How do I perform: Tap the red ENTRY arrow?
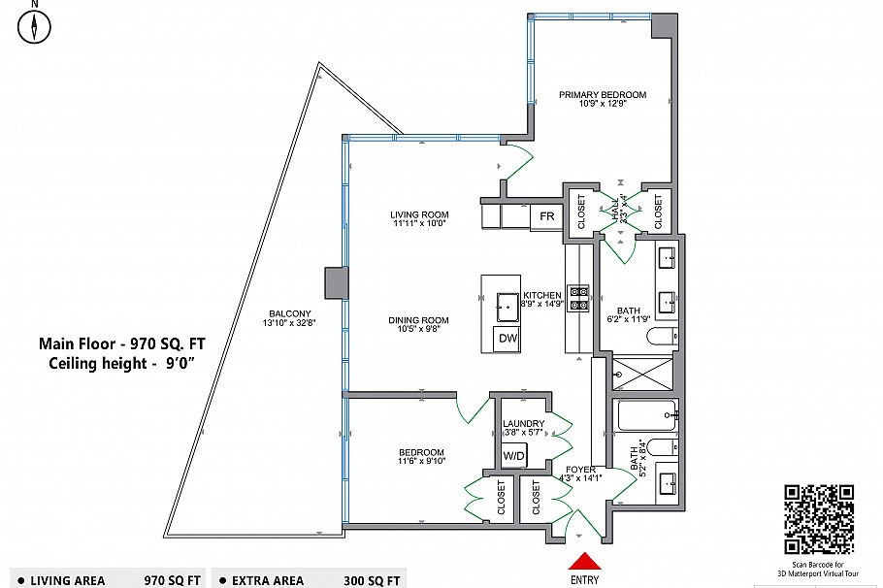click(x=585, y=561)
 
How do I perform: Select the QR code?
click(x=818, y=519)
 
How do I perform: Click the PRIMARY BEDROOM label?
click(x=602, y=95)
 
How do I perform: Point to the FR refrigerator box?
click(x=547, y=216)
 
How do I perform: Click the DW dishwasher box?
click(x=507, y=339)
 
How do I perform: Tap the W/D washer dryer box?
click(x=513, y=456)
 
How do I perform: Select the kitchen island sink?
click(x=507, y=307)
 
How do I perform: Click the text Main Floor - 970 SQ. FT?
click(x=122, y=343)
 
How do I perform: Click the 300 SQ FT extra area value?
click(x=373, y=580)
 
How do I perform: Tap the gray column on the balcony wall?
click(x=335, y=283)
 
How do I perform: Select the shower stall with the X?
click(x=642, y=372)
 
